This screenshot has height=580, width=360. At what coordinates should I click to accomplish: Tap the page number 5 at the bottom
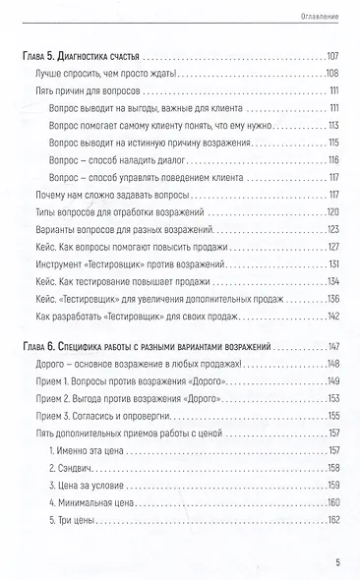point(338,562)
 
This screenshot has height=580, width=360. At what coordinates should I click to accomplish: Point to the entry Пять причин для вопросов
point(75,91)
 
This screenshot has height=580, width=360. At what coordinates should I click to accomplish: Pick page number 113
point(332,126)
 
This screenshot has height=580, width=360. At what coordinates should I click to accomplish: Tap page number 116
point(332,161)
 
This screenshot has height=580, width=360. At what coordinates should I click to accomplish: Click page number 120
point(331,213)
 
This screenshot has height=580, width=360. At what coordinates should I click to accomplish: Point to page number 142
point(331,318)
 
